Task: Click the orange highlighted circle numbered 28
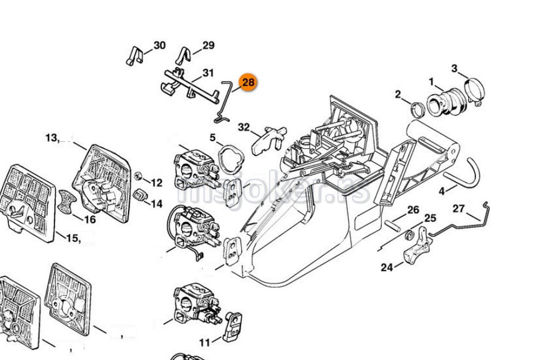coord(248,83)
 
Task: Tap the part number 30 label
coord(159,45)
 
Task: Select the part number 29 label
coord(208,45)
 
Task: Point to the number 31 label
coord(208,73)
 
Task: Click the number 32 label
coord(243,127)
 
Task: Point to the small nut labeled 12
coord(138,177)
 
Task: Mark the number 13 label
coord(52,138)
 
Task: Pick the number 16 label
coord(89,220)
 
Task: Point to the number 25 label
coord(430,219)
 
